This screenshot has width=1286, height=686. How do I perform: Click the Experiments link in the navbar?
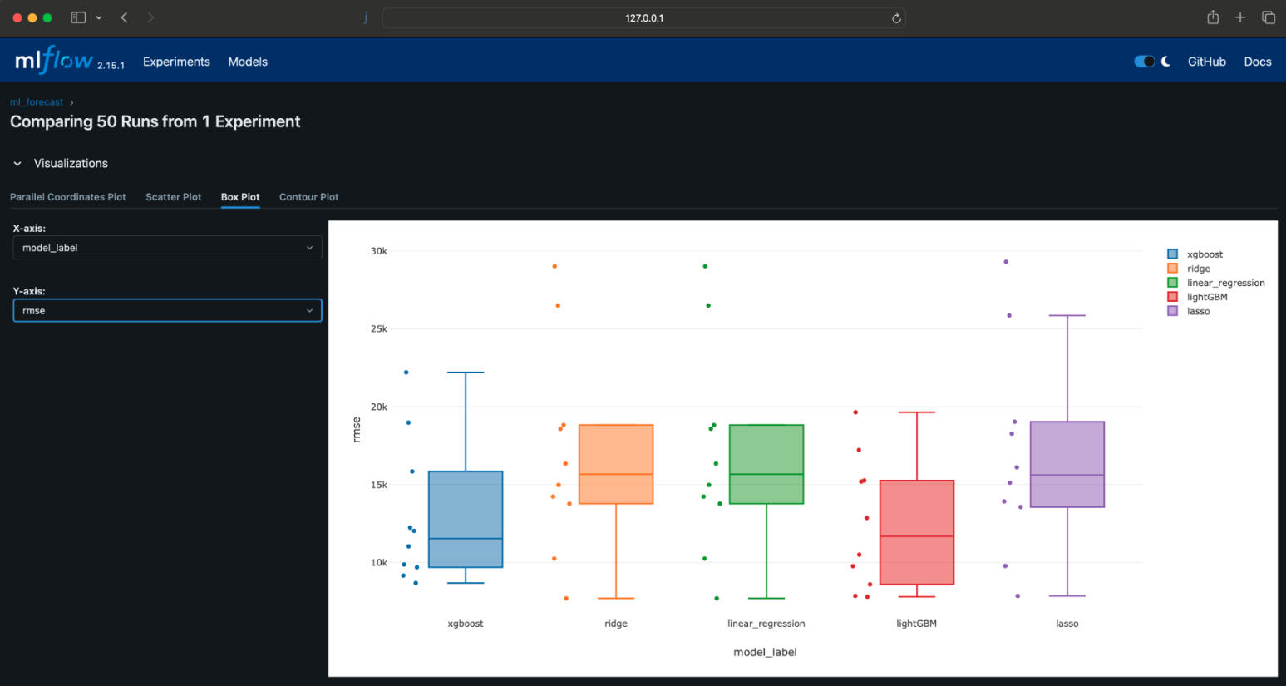coord(176,62)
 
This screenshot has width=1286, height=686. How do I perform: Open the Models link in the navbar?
coord(248,62)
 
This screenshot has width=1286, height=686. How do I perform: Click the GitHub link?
coord(1206,62)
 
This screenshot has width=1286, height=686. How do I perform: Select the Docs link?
coord(1257,62)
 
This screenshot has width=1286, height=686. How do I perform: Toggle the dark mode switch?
coord(1145,62)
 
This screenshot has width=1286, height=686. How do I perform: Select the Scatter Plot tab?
coord(173,197)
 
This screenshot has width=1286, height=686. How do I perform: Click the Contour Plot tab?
coord(308,197)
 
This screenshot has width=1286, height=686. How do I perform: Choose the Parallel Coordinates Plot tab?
coord(68,197)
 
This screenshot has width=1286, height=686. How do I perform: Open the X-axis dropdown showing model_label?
coord(167,248)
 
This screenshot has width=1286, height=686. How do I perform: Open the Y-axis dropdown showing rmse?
coord(167,311)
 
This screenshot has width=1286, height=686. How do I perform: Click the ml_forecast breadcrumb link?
coord(37,102)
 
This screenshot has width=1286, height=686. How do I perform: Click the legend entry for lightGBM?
coord(1206,297)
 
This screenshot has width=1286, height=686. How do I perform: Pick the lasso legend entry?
coord(1198,311)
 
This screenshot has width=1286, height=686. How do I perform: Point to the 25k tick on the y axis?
coord(378,329)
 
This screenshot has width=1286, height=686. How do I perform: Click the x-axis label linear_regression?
coord(766,624)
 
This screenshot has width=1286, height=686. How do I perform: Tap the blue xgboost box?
coord(466,516)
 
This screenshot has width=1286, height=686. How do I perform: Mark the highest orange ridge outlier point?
coord(554,266)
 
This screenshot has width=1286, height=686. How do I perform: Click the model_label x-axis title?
coord(765,652)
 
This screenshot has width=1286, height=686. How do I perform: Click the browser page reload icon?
coord(896,18)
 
